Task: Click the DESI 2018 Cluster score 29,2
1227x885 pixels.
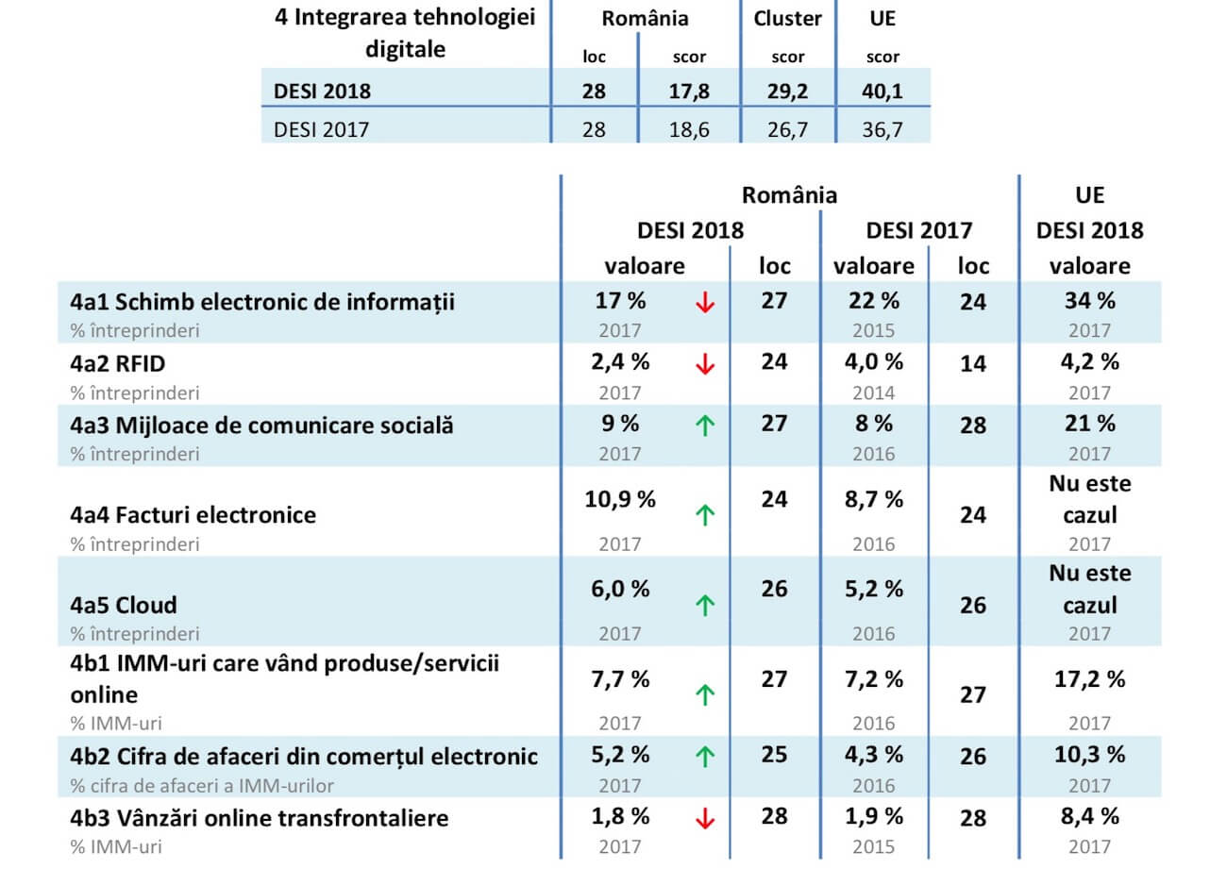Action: (787, 92)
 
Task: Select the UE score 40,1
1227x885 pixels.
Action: (882, 92)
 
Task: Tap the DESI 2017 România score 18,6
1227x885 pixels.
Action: (689, 129)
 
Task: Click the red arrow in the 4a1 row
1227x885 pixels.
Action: (704, 302)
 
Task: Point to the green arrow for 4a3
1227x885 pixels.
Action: (704, 426)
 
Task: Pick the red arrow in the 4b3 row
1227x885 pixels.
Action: (704, 819)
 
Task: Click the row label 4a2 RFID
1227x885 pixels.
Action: (118, 363)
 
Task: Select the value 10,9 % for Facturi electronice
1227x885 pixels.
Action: (619, 499)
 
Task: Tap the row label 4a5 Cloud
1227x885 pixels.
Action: (124, 605)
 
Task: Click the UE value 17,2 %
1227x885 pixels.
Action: (1089, 679)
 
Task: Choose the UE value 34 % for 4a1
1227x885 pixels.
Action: (1089, 301)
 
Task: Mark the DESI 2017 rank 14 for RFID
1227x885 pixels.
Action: (973, 364)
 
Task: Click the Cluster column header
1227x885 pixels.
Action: (787, 19)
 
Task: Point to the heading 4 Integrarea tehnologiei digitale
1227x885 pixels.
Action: (405, 33)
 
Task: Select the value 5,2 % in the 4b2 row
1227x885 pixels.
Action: (620, 755)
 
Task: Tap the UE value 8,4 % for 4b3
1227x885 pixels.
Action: (1089, 816)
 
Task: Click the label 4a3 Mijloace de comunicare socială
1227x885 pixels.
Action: (261, 425)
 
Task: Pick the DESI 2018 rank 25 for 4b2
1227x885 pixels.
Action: (774, 755)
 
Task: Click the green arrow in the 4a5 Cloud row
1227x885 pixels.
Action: (704, 605)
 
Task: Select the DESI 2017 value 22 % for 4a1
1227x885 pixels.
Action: (873, 301)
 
